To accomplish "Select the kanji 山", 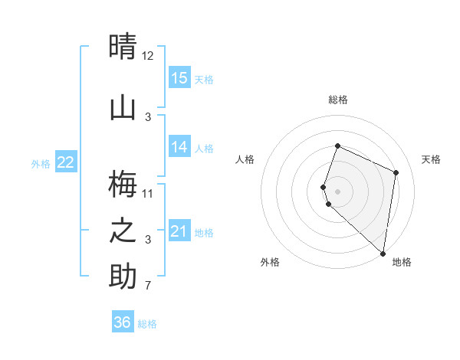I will pyautogui.click(x=123, y=107).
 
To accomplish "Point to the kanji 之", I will pyautogui.click(x=123, y=231).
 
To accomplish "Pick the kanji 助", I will pyautogui.click(x=123, y=277).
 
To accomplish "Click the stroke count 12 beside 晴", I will pyautogui.click(x=148, y=56).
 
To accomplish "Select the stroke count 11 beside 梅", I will pyautogui.click(x=148, y=192).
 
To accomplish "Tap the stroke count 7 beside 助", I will pyautogui.click(x=148, y=286).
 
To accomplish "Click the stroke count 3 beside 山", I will pyautogui.click(x=148, y=116).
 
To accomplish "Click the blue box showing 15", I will pyautogui.click(x=179, y=78).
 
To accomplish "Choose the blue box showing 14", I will pyautogui.click(x=179, y=148).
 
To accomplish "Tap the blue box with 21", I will pyautogui.click(x=179, y=231).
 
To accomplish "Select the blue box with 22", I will pyautogui.click(x=66, y=162).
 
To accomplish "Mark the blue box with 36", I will pyautogui.click(x=123, y=322).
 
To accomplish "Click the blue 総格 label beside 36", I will pyautogui.click(x=147, y=324).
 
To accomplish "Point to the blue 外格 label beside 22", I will pyautogui.click(x=41, y=163).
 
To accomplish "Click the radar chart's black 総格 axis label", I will pyautogui.click(x=338, y=100).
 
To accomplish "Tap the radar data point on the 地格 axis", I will pyautogui.click(x=383, y=254).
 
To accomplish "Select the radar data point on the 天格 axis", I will pyautogui.click(x=396, y=172).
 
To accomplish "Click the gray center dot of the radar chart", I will pyautogui.click(x=338, y=191).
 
